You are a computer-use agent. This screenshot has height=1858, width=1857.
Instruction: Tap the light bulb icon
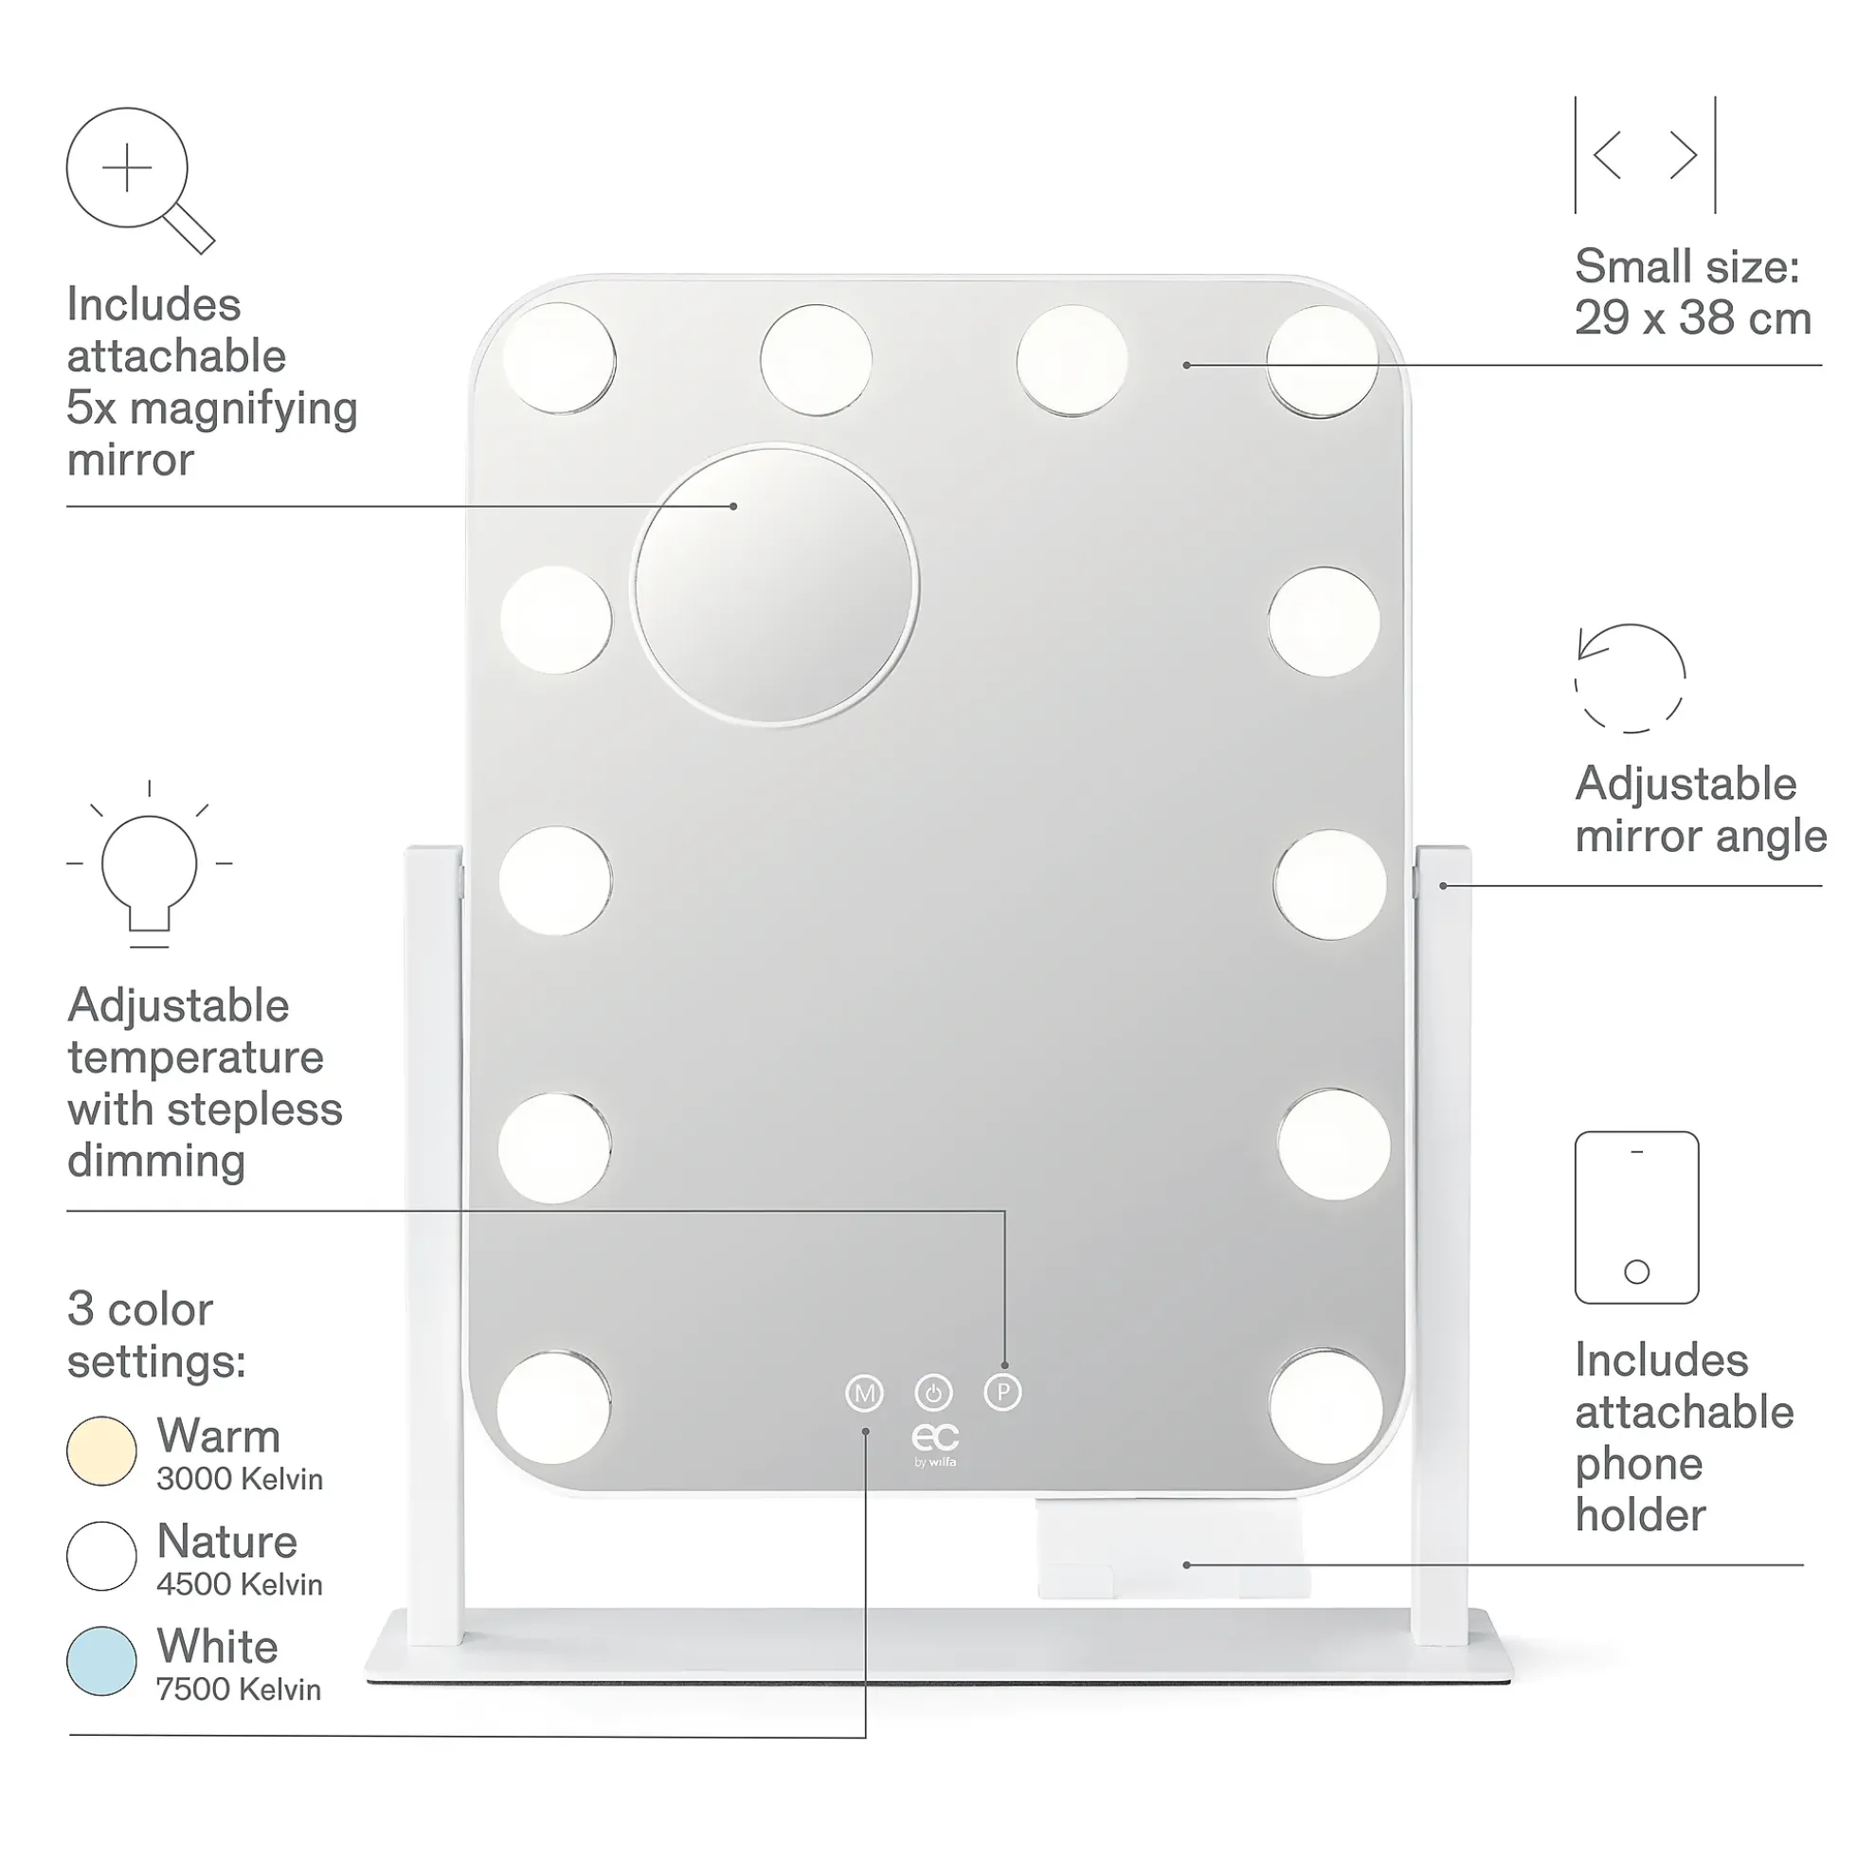pyautogui.click(x=149, y=864)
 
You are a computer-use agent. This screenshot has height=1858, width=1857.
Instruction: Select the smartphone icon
pyautogui.click(x=1636, y=1218)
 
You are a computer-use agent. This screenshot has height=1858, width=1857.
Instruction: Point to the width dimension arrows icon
pyautogui.click(x=1645, y=154)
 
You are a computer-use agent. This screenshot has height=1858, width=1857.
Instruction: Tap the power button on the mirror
pyautogui.click(x=933, y=1393)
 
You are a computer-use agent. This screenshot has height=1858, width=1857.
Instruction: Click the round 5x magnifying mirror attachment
pyautogui.click(x=774, y=585)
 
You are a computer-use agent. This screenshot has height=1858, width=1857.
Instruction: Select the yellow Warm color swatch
pyautogui.click(x=101, y=1452)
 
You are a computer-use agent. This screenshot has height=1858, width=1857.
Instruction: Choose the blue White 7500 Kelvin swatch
pyautogui.click(x=101, y=1661)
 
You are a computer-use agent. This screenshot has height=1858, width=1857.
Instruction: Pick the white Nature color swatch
pyautogui.click(x=101, y=1556)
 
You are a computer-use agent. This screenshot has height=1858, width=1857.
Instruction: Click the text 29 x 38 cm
pyautogui.click(x=1692, y=318)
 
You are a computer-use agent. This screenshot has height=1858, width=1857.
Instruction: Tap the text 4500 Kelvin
pyautogui.click(x=240, y=1584)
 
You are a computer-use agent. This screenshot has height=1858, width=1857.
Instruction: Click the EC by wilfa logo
pyautogui.click(x=935, y=1446)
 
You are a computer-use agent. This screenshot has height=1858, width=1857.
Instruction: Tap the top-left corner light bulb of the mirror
pyautogui.click(x=559, y=358)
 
